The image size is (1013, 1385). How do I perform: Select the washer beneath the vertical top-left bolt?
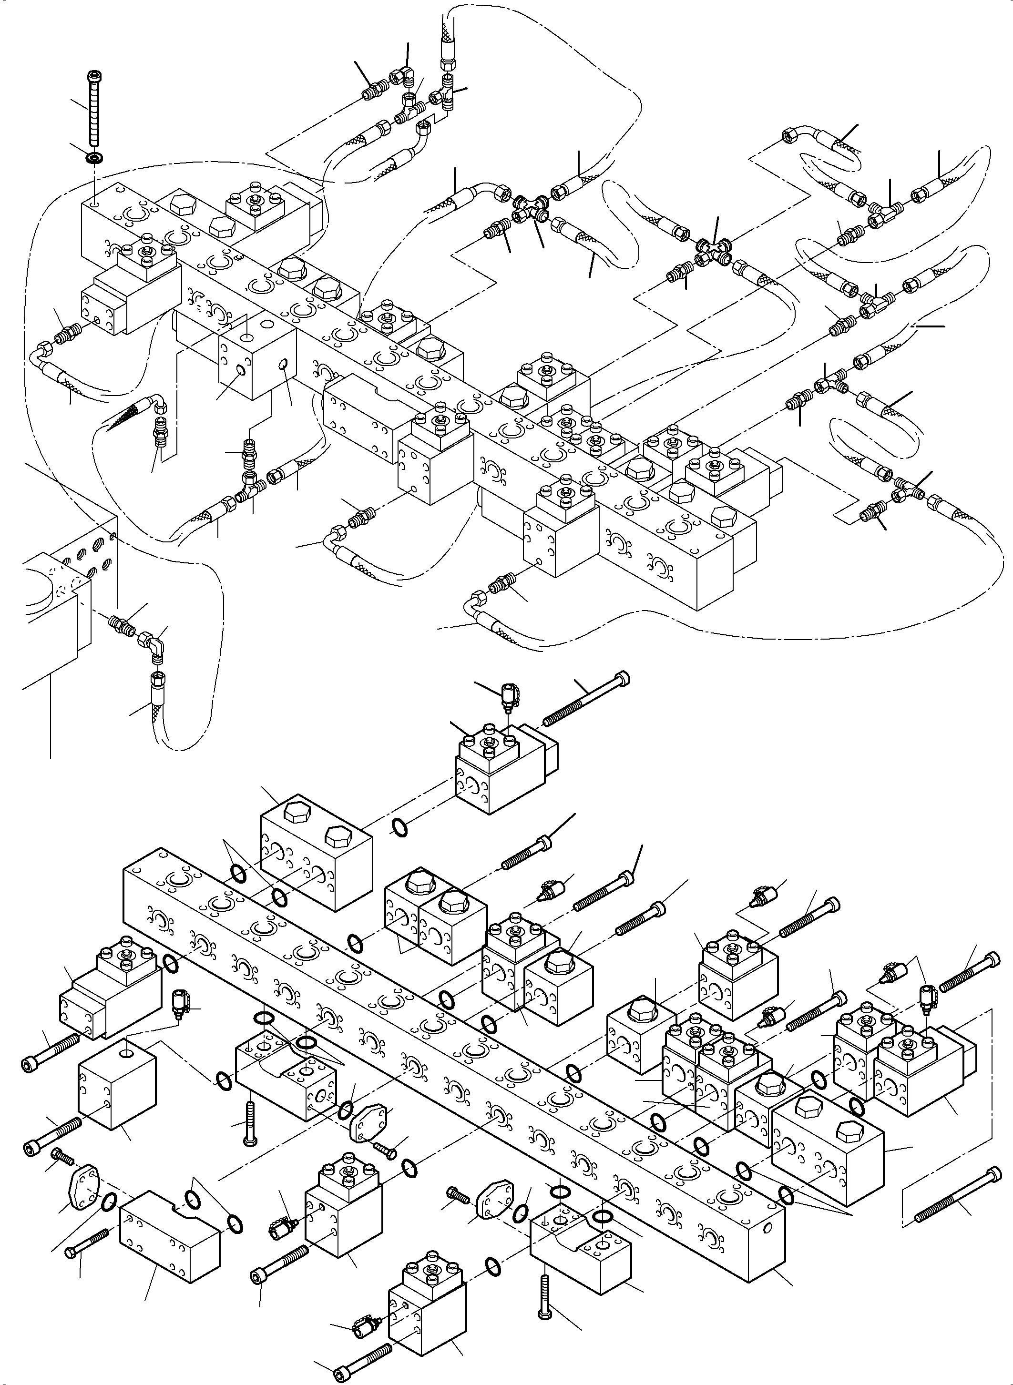(94, 158)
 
